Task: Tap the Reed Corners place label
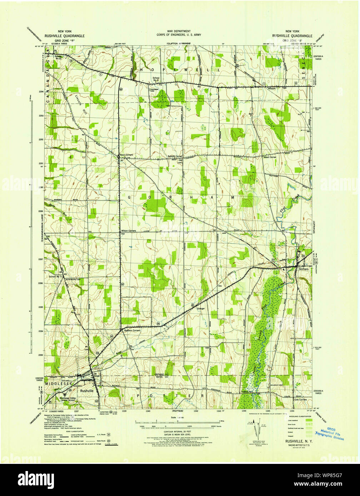pos(126,155)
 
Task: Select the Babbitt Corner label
pos(175,156)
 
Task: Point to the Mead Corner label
pos(270,157)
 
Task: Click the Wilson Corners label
pos(129,231)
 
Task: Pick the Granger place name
pos(200,309)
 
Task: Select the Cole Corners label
pos(300,400)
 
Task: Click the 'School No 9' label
pos(156,79)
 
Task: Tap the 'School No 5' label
pos(56,277)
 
